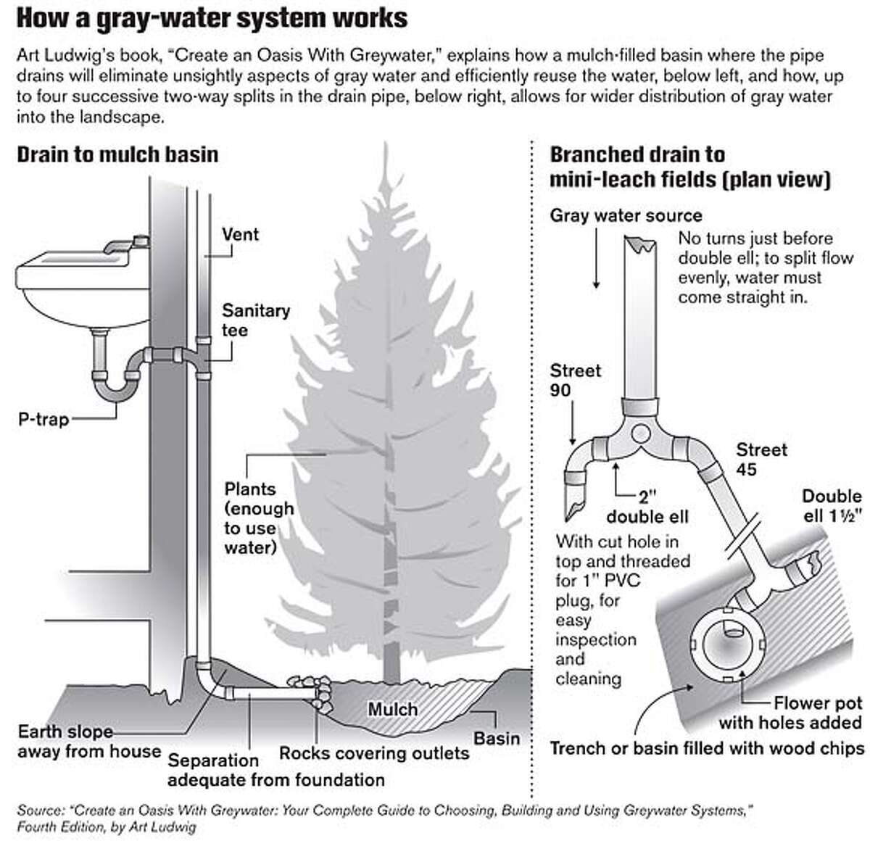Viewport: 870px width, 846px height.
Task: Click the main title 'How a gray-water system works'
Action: [212, 18]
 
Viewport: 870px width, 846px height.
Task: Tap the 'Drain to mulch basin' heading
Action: [117, 154]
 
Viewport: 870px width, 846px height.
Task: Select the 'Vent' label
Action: [240, 234]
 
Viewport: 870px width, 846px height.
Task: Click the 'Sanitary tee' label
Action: [255, 320]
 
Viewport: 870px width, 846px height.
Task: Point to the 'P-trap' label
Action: [43, 418]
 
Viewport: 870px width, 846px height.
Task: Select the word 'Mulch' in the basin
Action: [392, 709]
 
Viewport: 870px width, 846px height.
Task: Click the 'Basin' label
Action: [497, 739]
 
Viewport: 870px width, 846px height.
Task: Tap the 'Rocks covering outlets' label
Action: [374, 753]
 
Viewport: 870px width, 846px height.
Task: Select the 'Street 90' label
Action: [576, 381]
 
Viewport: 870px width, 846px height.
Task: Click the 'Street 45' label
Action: [761, 460]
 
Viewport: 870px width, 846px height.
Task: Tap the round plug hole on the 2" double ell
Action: [640, 434]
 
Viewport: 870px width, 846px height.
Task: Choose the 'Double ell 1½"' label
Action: [831, 505]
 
